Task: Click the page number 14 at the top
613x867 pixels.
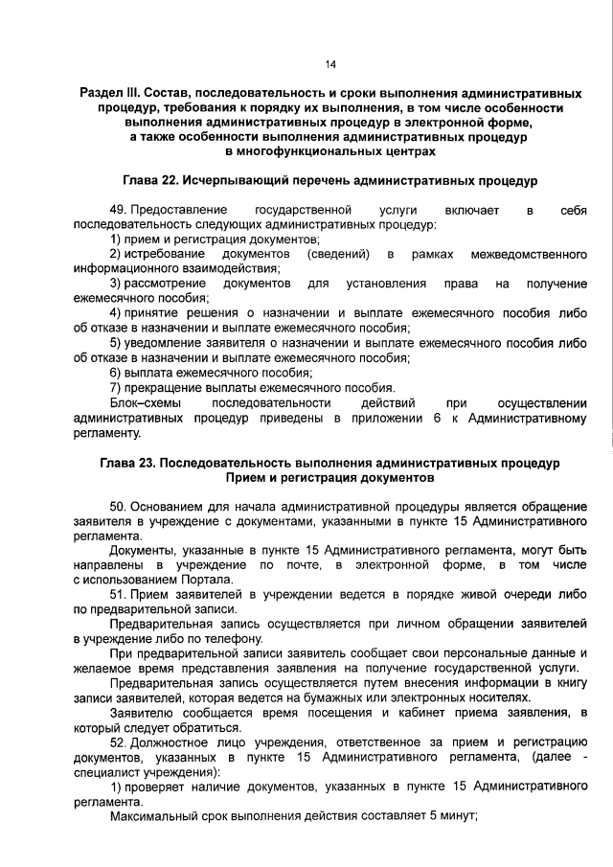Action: click(x=329, y=64)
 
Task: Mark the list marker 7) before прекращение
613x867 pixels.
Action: click(x=115, y=387)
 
